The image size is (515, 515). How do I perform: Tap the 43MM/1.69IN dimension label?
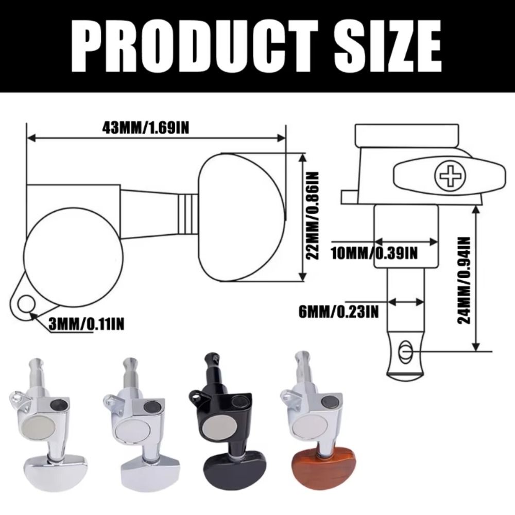coord(146,128)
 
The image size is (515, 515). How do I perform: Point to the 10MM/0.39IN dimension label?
coord(374,253)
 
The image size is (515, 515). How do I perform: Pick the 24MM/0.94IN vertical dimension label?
coord(465,280)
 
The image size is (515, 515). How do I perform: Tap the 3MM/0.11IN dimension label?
coord(87,324)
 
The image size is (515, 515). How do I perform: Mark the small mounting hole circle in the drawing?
coord(26,304)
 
